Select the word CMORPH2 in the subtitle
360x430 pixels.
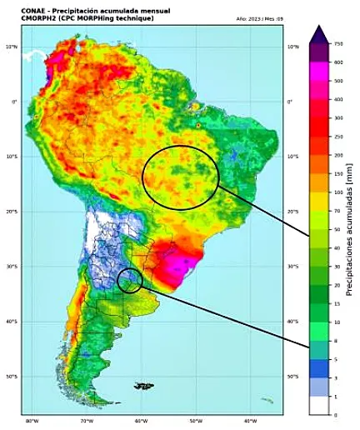coord(38,18)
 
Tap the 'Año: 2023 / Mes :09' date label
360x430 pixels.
coord(259,18)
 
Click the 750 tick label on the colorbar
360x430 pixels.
coord(338,43)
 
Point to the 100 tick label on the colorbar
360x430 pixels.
coord(338,192)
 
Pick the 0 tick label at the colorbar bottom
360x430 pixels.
coord(336,414)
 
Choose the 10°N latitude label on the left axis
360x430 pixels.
coord(12,47)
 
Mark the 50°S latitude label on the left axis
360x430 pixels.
coord(12,377)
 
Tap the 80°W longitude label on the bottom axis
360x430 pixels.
coord(32,421)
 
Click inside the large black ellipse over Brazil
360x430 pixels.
coord(180,176)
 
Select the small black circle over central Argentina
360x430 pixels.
coord(129,281)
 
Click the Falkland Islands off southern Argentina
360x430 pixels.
coord(144,386)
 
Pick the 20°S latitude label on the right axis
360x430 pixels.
coord(293,212)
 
